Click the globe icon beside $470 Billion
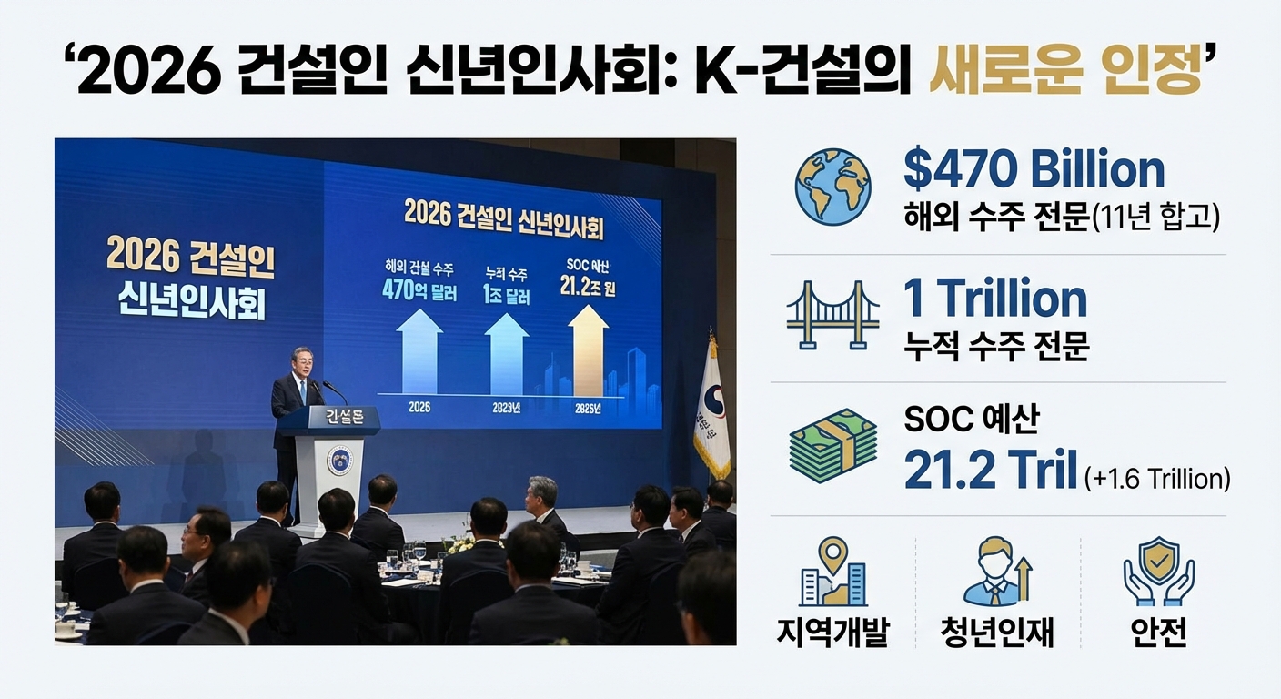[x=832, y=187]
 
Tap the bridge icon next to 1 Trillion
[x=832, y=314]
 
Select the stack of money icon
[x=832, y=445]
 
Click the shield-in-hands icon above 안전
[x=1158, y=571]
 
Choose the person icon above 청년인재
[x=996, y=571]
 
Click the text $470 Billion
[x=1034, y=169]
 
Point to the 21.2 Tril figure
[x=991, y=470]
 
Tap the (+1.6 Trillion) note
[x=1157, y=478]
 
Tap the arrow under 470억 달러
[x=419, y=350]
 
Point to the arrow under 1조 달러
[x=506, y=352]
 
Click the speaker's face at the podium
[x=303, y=362]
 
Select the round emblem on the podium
[x=339, y=461]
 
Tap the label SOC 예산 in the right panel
[x=971, y=420]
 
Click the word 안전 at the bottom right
[x=1158, y=631]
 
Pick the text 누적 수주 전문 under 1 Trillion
[x=995, y=346]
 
